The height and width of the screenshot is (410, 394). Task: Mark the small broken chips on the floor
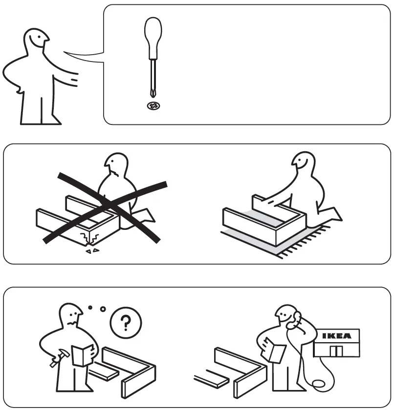(x=92, y=251)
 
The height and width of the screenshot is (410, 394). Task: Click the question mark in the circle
(x=126, y=322)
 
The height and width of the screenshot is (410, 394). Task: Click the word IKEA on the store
(x=337, y=336)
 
